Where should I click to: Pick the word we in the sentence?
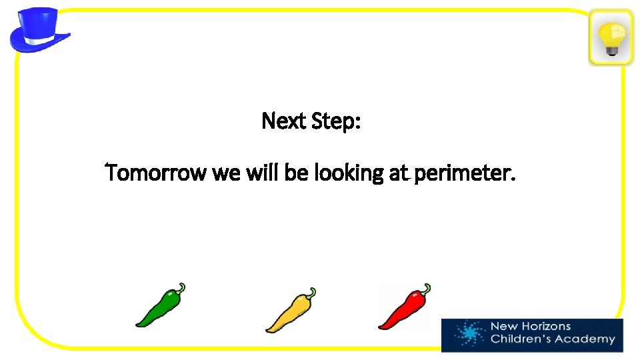tap(227, 175)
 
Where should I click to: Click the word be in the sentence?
tap(296, 174)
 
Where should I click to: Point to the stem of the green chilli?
tap(180, 288)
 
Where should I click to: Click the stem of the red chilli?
tap(425, 288)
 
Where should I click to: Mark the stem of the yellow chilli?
tap(311, 293)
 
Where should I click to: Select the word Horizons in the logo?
tap(544, 327)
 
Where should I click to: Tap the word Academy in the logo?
tap(586, 339)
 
